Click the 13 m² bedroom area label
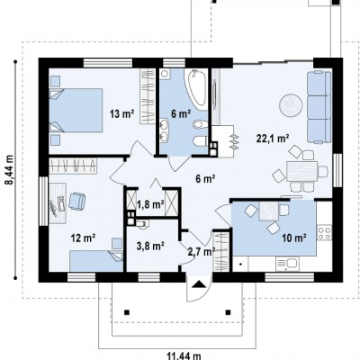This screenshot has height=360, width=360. tap(121, 114)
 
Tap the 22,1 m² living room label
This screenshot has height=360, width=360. tap(273, 139)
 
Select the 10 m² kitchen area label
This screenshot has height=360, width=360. tap(294, 238)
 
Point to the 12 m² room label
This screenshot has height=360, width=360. tap(84, 238)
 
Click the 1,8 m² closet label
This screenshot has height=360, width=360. tap(150, 204)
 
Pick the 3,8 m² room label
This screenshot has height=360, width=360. tap(150, 246)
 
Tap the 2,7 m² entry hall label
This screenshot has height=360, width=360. tap(202, 251)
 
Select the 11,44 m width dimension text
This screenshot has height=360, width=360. tap(184, 356)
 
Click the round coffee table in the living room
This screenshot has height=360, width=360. tap(291, 105)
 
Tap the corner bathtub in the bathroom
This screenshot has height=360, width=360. tap(197, 88)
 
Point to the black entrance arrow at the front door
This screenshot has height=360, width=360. tap(198, 284)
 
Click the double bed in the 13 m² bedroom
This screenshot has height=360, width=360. tap(76, 110)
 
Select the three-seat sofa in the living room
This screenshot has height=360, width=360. tap(319, 107)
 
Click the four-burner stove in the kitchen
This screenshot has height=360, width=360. tap(324, 232)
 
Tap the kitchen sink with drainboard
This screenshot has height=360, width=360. tap(287, 264)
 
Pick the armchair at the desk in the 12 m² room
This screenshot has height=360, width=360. tap(77, 201)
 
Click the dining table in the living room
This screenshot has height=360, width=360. tap(301, 171)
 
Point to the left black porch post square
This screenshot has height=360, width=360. tap(127, 312)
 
